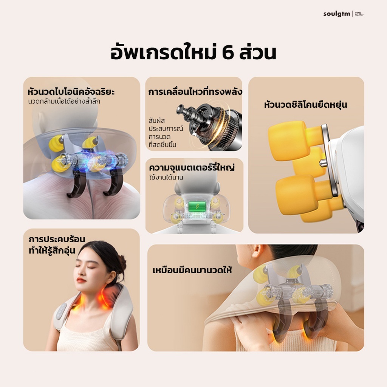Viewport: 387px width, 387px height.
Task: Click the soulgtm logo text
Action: [337, 14]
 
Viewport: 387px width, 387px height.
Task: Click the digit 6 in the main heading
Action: [228, 53]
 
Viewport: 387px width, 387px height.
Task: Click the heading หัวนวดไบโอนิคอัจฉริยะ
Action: [71, 92]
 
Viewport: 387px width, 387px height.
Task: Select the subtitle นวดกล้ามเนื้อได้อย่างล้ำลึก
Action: [64, 101]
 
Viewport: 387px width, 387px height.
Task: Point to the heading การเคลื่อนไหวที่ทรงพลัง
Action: [195, 92]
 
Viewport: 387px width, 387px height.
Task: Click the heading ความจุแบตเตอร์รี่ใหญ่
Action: [192, 167]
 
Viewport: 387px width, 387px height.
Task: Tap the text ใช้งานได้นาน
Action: [166, 177]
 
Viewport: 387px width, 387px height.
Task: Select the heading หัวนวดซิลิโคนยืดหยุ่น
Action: [305, 105]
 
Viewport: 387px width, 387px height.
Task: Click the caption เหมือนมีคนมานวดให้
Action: [192, 270]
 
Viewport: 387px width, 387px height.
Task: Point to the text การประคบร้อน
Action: [57, 239]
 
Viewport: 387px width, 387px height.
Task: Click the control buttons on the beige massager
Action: [62, 311]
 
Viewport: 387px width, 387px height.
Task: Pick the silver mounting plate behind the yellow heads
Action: [329, 160]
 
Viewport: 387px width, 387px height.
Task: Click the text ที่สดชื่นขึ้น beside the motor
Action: [163, 144]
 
